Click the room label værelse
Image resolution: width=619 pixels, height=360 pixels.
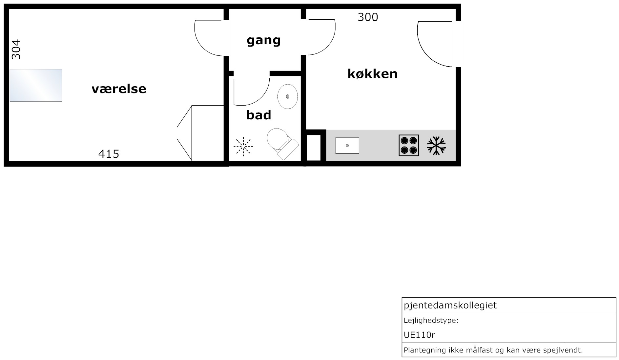119,89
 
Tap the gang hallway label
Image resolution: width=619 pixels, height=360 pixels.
263,41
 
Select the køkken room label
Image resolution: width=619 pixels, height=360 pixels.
372,73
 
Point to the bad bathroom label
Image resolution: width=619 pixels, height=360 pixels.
258,115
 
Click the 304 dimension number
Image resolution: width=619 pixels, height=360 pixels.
16,50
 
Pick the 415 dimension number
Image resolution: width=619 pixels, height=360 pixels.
109,153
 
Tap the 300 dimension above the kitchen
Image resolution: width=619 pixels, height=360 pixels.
368,17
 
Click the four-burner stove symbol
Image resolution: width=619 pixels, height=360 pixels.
409,145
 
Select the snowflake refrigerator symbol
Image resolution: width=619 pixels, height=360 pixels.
436,146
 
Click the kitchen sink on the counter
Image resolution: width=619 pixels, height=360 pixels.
347,146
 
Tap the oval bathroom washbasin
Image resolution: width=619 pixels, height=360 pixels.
288,96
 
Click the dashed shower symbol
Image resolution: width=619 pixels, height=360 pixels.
243,146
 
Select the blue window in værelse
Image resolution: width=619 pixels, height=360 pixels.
36,85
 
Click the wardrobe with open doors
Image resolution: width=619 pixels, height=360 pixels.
200,133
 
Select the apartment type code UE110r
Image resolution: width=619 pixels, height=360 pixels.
420,335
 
